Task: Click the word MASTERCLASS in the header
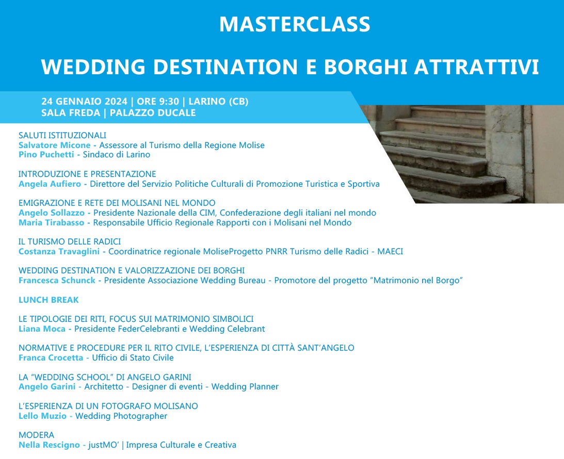[x=295, y=24]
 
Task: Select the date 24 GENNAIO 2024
[x=84, y=102]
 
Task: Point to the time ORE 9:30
[x=158, y=102]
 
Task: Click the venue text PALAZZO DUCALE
[x=153, y=113]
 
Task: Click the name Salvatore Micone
[x=54, y=145]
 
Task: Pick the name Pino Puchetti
[x=46, y=155]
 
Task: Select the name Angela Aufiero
[x=50, y=184]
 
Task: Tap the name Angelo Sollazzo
[x=52, y=213]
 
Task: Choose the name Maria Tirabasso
[x=52, y=222]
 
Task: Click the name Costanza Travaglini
[x=59, y=252]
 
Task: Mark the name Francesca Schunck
[x=57, y=281]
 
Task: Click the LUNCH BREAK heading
[x=49, y=300]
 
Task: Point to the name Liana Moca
[x=42, y=329]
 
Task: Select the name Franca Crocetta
[x=51, y=357]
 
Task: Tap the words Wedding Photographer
[x=121, y=416]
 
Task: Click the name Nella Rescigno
[x=49, y=445]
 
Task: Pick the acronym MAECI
[x=390, y=252]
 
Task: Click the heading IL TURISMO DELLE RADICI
[x=70, y=241]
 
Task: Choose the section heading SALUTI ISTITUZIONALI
[x=62, y=136]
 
